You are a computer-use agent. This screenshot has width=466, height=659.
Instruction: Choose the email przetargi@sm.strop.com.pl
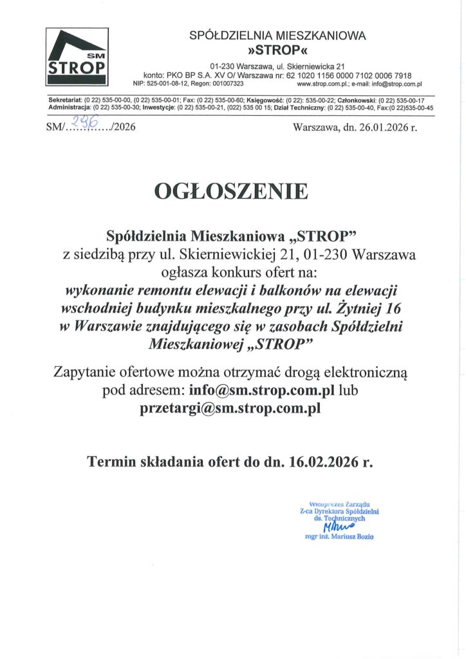230,408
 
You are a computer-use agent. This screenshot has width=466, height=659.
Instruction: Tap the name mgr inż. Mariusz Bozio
339,536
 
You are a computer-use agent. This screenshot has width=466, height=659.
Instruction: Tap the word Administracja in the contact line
69,107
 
